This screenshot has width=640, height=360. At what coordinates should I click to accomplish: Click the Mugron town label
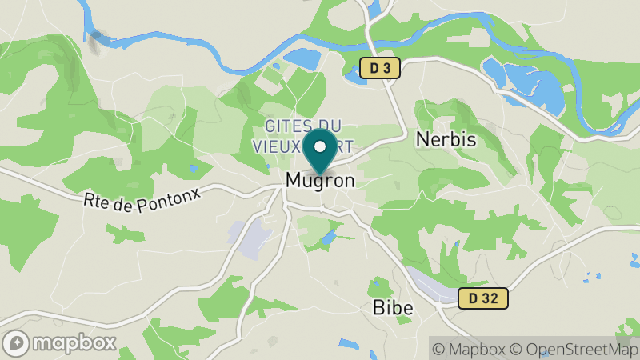(320, 181)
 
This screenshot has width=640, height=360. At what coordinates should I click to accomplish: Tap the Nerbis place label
(446, 139)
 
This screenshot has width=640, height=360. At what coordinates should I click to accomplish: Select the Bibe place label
(393, 307)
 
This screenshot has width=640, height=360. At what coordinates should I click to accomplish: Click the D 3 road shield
(378, 69)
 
